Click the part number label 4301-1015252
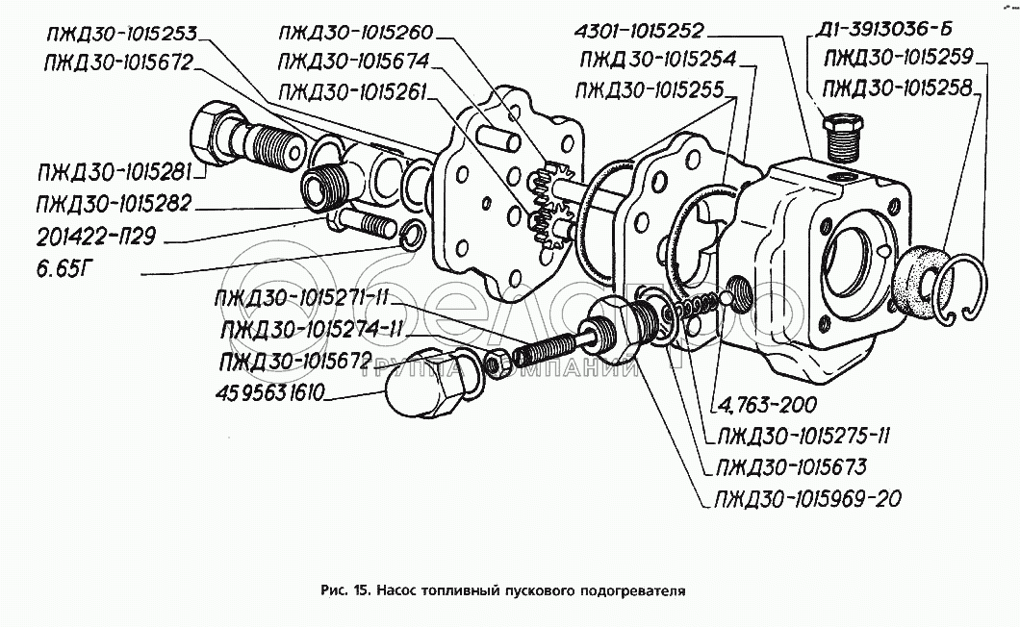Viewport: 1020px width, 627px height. [x=639, y=31]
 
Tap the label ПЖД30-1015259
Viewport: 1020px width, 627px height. [x=899, y=59]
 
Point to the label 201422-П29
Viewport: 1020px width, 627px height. [x=96, y=237]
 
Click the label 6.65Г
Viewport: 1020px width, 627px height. [x=62, y=268]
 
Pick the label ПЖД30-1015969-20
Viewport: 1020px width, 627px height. [x=808, y=499]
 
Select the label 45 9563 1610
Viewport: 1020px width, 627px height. [x=269, y=393]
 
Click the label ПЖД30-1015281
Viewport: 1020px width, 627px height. [x=115, y=173]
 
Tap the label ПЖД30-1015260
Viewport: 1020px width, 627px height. [x=355, y=32]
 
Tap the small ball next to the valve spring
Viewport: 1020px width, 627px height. [x=725, y=299]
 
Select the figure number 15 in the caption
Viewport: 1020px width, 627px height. [x=362, y=590]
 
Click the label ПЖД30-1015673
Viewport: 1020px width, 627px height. [x=791, y=467]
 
